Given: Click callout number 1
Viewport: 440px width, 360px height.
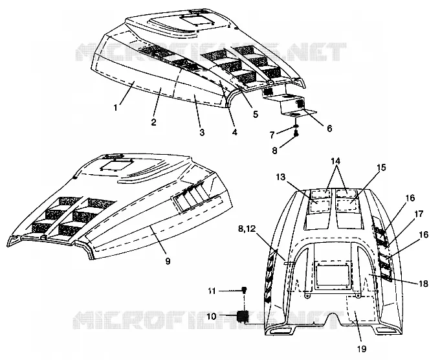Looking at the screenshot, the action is [115, 107].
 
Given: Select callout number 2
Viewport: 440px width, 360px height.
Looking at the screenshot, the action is [153, 122].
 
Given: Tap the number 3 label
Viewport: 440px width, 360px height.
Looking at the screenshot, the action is [202, 132].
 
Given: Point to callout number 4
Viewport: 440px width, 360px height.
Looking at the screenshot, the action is [235, 131].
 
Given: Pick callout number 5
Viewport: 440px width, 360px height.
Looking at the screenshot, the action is [256, 115].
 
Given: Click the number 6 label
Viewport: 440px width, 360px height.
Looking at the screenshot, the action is [329, 128].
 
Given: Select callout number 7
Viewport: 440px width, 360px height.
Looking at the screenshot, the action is [272, 135].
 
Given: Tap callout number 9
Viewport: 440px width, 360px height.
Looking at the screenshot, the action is [168, 261].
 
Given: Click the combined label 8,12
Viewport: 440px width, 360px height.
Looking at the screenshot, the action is [247, 229].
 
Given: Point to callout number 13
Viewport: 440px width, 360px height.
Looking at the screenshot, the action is [281, 177].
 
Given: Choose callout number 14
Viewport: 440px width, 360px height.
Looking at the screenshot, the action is [335, 161].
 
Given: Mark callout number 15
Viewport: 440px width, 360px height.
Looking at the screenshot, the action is [381, 167].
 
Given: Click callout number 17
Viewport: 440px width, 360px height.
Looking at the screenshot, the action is [419, 214].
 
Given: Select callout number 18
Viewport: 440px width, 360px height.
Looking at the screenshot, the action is [424, 284].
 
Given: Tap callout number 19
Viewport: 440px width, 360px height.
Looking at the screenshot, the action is [362, 349].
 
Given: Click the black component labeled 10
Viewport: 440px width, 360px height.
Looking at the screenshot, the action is [243, 317].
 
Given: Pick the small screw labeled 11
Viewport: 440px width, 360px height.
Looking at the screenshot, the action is [244, 290].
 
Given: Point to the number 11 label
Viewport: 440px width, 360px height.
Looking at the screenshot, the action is [212, 291].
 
